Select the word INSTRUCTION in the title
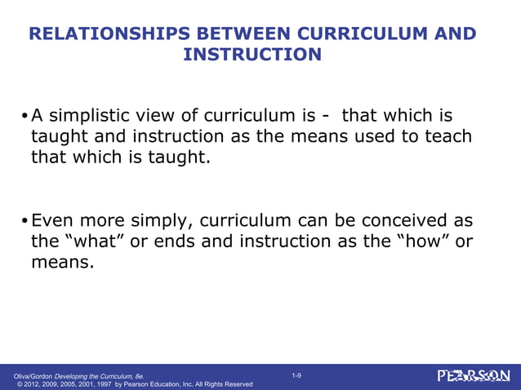coord(252,55)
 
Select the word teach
coord(447,136)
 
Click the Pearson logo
coord(473,376)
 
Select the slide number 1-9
coord(296,374)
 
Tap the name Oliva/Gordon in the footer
coord(28,375)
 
